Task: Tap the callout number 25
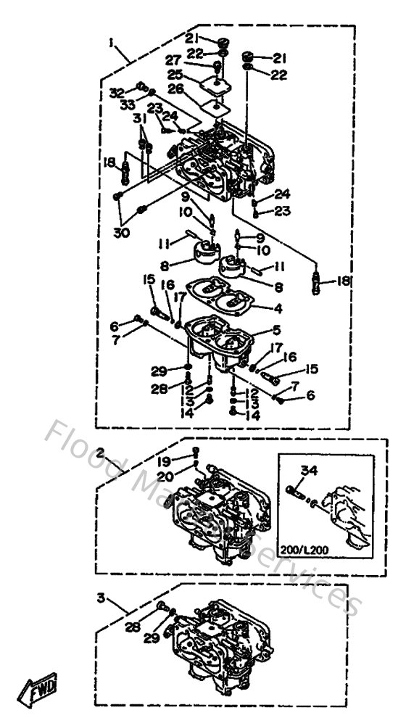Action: point(174,75)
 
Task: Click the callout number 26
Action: point(174,89)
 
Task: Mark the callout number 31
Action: point(138,119)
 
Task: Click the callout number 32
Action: point(117,93)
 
